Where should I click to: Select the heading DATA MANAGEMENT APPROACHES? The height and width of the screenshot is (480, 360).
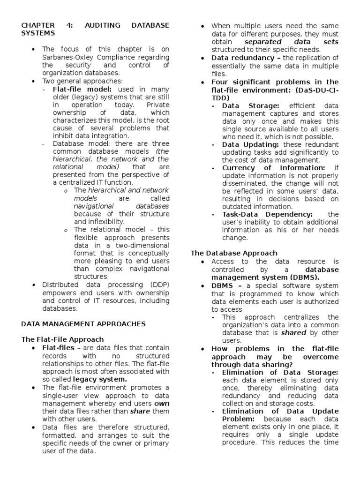click(83, 324)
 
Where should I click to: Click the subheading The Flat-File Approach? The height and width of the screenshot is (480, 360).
click(62, 339)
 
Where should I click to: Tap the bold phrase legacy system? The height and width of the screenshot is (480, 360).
click(100, 379)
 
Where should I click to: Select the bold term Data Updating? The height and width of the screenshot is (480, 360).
click(250, 145)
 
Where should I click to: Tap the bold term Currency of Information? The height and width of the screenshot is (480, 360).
click(273, 168)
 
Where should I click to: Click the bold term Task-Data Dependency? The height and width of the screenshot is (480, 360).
click(267, 214)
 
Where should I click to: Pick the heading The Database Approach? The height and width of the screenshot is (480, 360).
click(234, 253)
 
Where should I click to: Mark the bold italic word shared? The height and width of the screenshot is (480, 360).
click(293, 333)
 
